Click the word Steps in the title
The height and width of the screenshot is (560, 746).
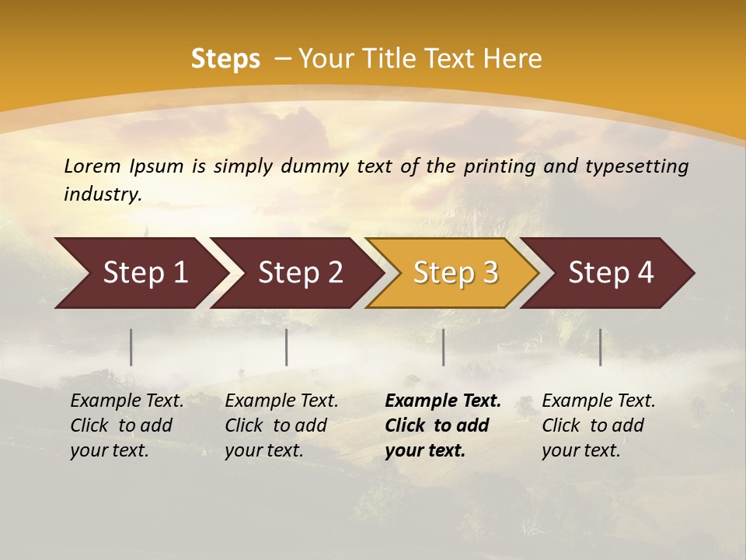225,59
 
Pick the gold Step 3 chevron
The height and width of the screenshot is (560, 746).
454,272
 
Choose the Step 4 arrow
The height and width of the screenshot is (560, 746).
609,272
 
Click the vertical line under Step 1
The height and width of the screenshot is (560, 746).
131,347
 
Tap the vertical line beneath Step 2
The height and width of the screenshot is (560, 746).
287,347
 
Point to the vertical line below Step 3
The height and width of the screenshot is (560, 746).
444,347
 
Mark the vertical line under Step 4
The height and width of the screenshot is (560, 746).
601,347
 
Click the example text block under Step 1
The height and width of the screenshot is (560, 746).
127,425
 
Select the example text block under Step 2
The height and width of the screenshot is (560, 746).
281,425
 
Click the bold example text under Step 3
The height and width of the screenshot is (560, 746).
443,425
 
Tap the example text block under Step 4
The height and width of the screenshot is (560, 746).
598,425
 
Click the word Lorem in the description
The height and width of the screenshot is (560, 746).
92,166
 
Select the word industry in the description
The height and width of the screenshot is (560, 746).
103,194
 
